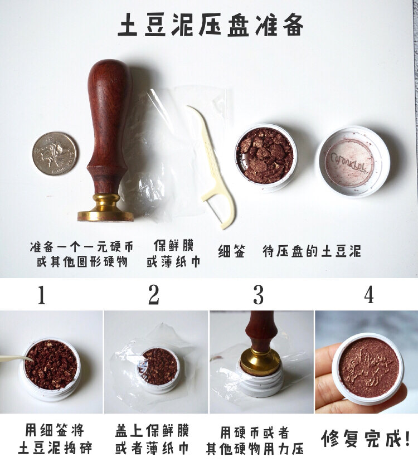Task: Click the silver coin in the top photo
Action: (x=54, y=154)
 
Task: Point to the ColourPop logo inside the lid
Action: (x=348, y=162)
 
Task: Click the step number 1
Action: (x=41, y=295)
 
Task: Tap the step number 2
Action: (x=154, y=295)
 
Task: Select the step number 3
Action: (x=258, y=295)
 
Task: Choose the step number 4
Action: (x=369, y=295)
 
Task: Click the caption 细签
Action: (x=231, y=251)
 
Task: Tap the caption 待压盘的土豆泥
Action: (x=312, y=251)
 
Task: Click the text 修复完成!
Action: (x=366, y=438)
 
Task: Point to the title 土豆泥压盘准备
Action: (x=210, y=25)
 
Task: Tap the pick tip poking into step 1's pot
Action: (x=31, y=359)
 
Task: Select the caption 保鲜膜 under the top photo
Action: (x=173, y=245)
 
